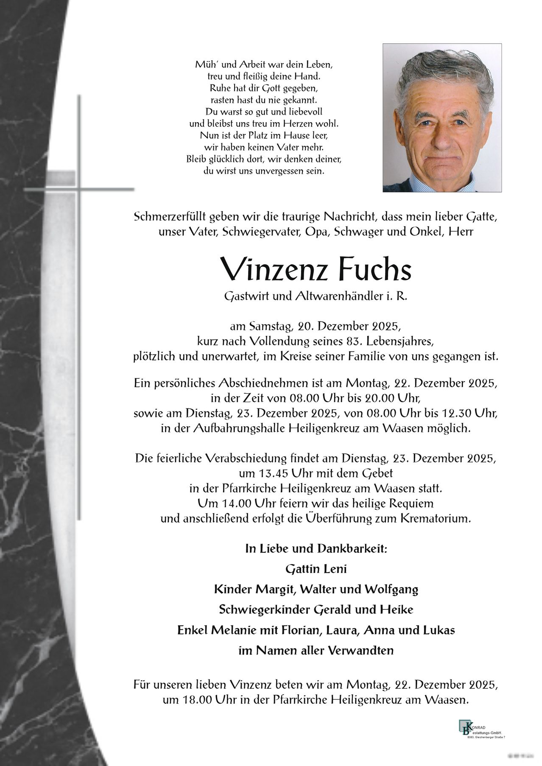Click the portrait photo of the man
(x=442, y=118)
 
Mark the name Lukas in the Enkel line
(x=438, y=630)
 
